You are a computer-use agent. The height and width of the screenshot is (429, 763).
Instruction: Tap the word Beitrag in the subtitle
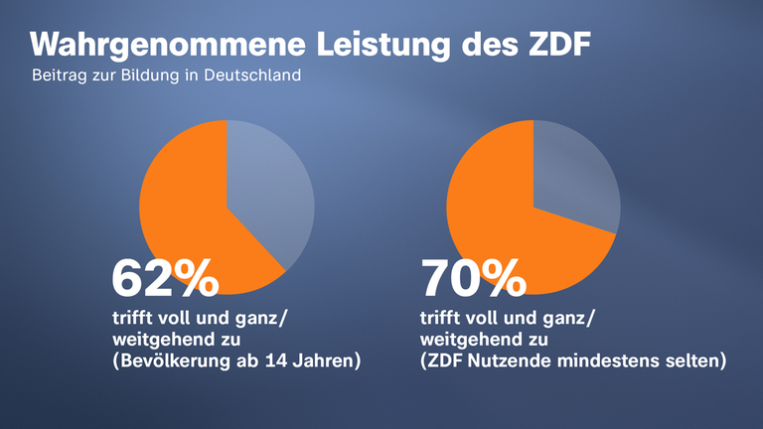coord(59,75)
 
